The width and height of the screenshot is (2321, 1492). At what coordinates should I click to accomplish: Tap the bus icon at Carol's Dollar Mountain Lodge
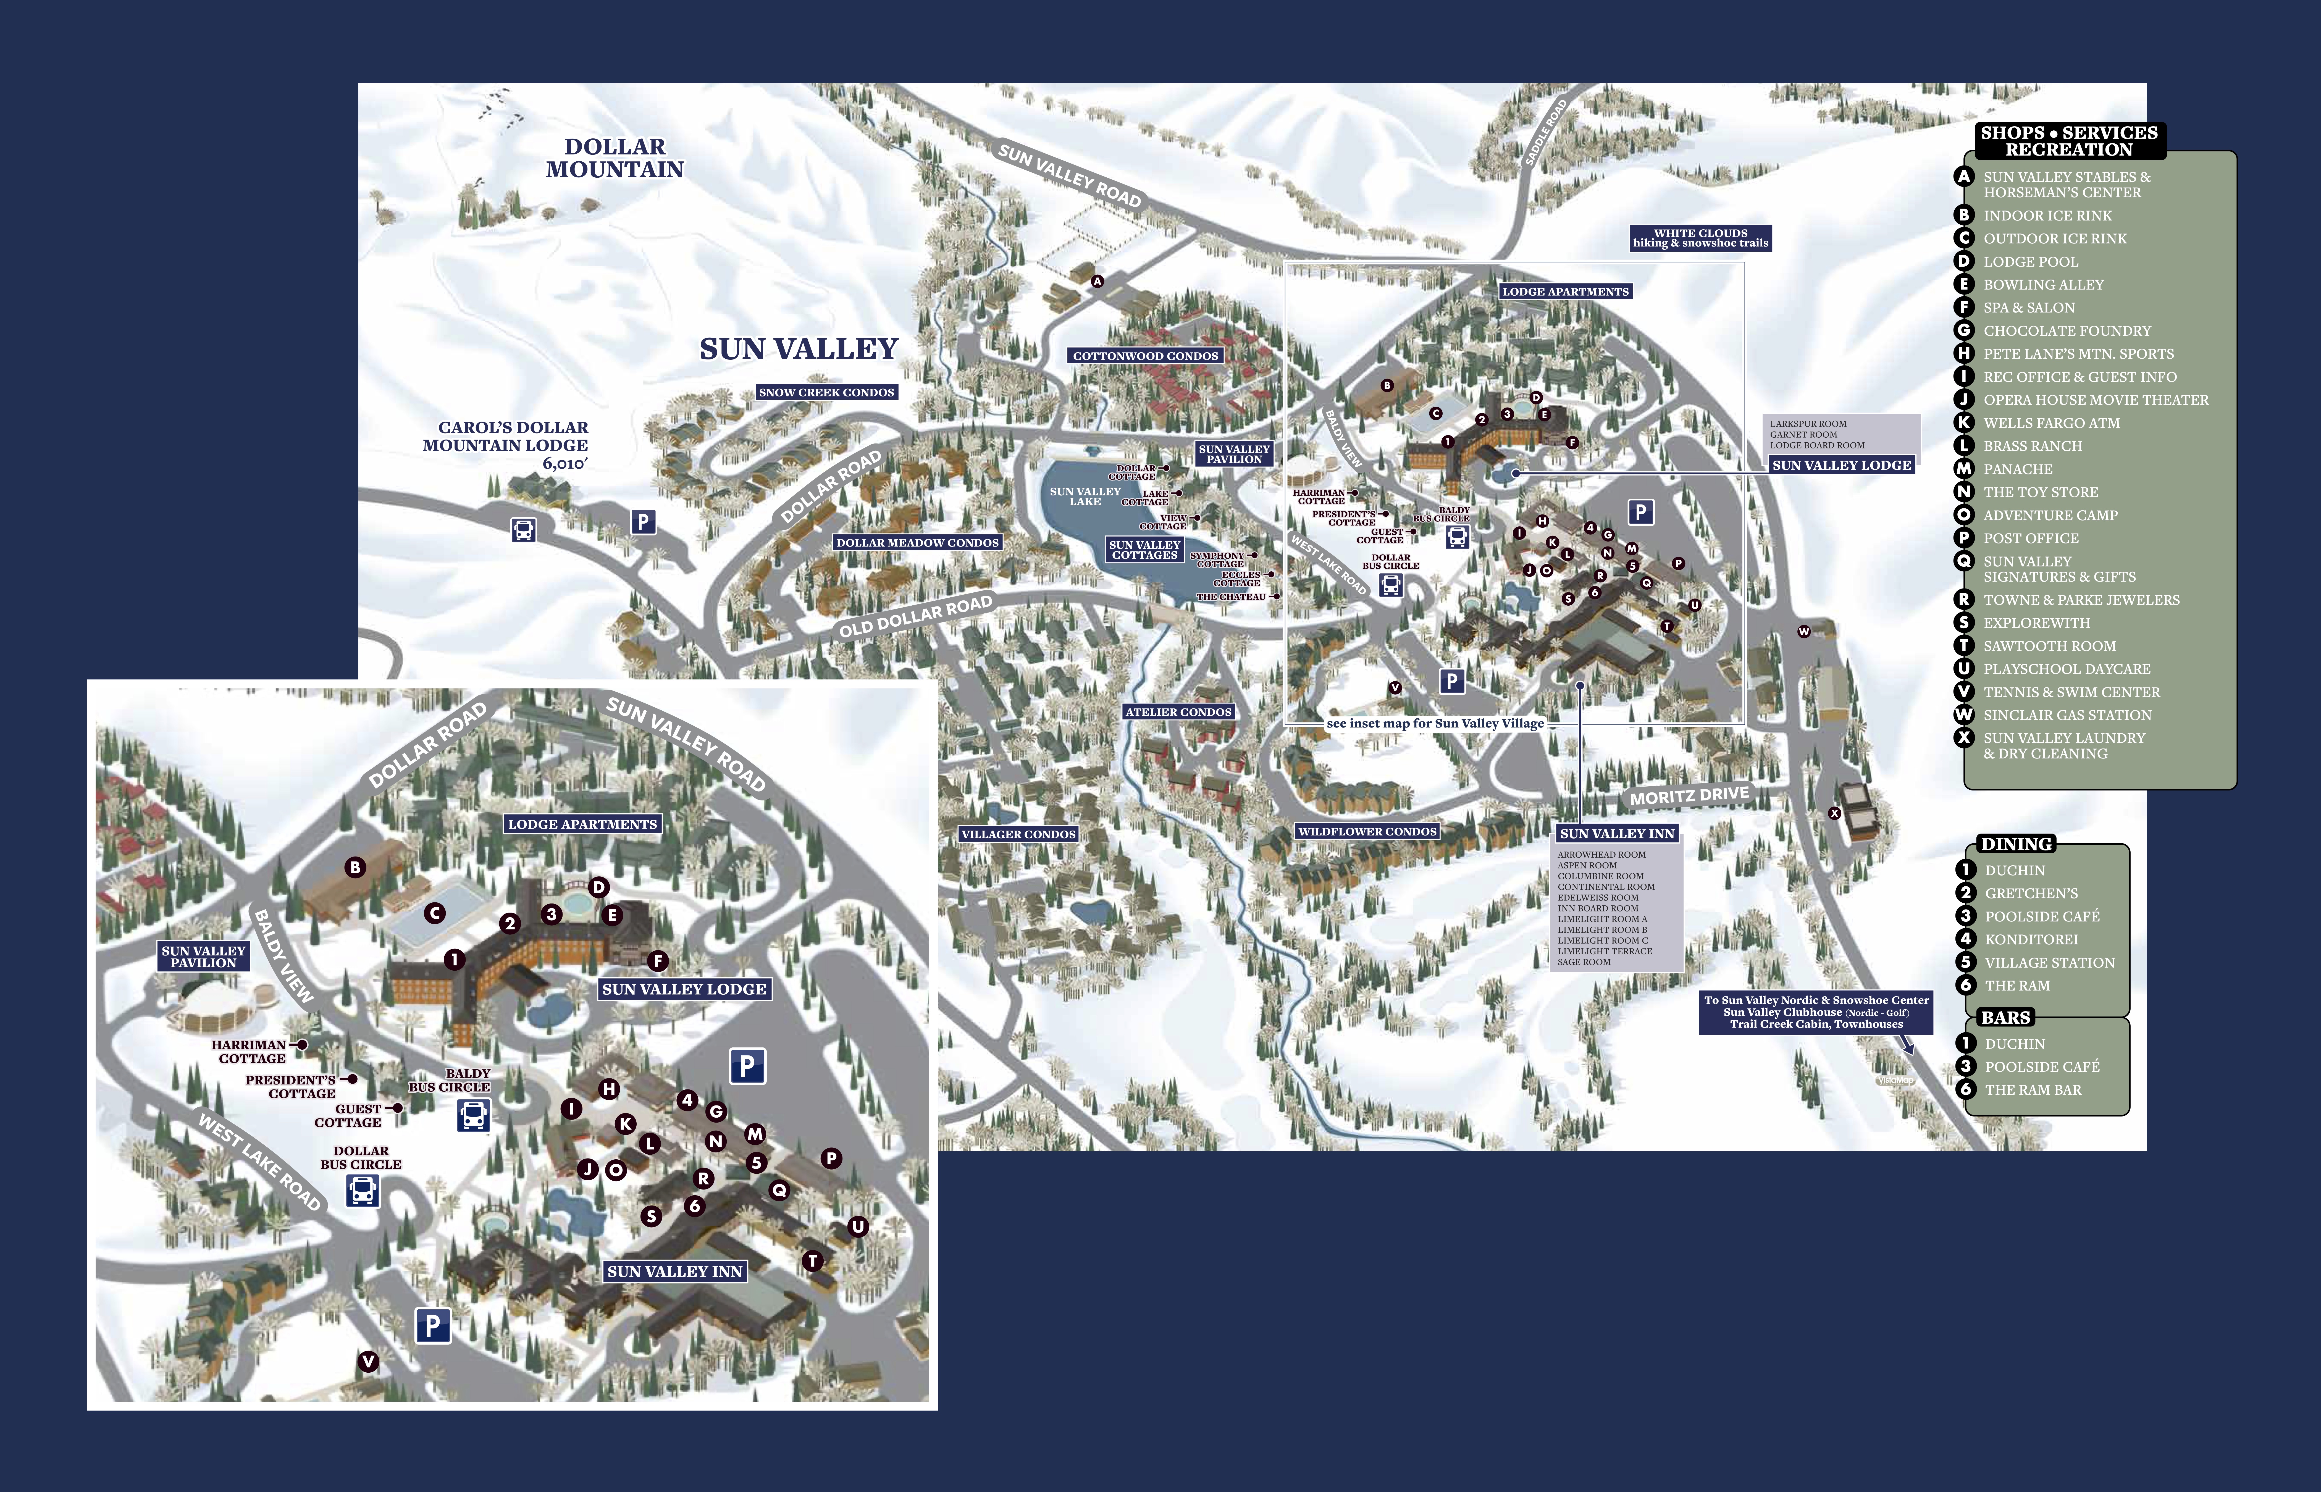click(x=523, y=530)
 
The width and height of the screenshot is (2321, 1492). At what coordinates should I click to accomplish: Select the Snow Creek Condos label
click(x=826, y=392)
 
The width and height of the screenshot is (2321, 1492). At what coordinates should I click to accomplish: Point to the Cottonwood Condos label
click(x=1145, y=356)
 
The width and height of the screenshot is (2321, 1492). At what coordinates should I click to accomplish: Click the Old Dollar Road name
click(x=915, y=616)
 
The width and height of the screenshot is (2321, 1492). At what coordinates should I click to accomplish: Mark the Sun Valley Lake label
click(x=1085, y=496)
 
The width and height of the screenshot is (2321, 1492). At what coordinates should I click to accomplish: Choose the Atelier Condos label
click(x=1178, y=712)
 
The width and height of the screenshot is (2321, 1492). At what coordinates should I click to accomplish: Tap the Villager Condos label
click(x=1018, y=834)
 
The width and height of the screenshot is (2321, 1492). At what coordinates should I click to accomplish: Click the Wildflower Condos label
click(x=1367, y=831)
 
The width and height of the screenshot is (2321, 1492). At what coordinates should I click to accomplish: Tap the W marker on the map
click(x=1804, y=632)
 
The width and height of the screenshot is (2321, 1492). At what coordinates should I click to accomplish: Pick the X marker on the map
click(x=1834, y=814)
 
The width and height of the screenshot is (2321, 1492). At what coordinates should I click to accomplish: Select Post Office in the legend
click(x=2030, y=539)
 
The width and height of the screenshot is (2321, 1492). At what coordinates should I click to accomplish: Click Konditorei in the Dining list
click(x=2031, y=940)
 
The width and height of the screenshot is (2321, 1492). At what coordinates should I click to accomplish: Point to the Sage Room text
click(x=1584, y=962)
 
